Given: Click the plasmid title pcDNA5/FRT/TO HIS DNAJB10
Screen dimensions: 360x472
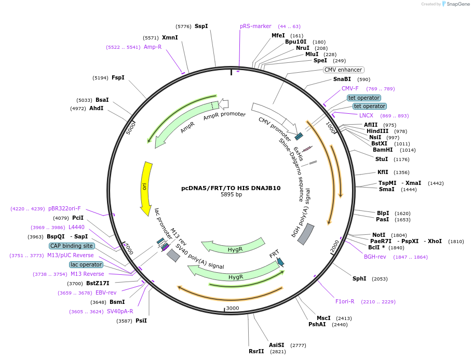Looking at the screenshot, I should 231,188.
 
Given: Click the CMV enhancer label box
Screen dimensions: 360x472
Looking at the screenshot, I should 343,70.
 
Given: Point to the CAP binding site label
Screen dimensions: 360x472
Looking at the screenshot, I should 72,246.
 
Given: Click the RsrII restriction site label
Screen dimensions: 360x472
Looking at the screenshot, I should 256,351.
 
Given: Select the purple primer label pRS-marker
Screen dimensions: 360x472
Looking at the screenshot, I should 255,26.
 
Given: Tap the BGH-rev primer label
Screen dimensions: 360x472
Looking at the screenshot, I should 374,257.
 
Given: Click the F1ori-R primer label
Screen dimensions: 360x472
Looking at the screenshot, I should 344,301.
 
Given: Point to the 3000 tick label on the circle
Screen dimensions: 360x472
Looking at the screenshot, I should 232,308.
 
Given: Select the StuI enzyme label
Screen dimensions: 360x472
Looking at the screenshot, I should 381,159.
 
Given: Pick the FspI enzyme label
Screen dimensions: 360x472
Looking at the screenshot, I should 118,77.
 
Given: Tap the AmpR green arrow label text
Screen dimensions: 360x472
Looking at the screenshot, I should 187,128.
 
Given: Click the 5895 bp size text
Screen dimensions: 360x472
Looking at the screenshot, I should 231,195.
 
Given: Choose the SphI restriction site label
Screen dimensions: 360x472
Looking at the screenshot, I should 359,278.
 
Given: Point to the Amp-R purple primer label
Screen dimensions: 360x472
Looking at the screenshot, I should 153,47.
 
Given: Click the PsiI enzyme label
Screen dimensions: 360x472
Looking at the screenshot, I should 141,321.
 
